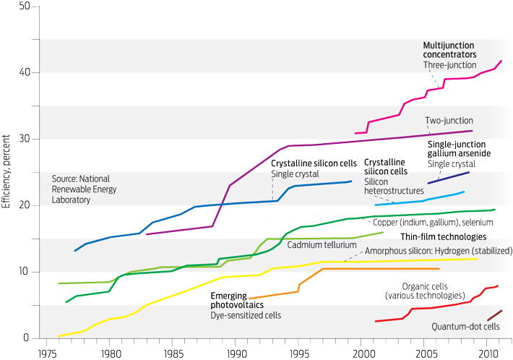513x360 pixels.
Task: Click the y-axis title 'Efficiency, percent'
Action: click(7, 171)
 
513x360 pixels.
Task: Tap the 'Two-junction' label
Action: click(449, 120)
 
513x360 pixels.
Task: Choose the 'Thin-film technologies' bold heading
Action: click(441, 237)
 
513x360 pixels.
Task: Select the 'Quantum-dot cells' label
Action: click(466, 327)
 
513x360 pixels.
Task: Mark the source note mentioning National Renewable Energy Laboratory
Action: click(82, 189)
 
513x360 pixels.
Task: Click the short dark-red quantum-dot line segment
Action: click(494, 315)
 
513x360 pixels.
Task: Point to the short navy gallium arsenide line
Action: click(449, 178)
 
